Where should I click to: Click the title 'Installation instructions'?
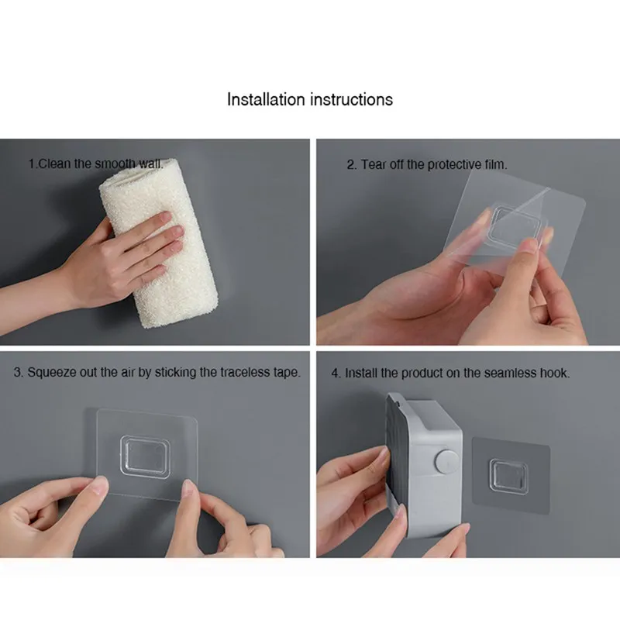click(309, 99)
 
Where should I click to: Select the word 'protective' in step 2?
click(454, 164)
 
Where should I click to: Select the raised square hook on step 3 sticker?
click(146, 455)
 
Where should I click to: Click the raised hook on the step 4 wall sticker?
click(508, 476)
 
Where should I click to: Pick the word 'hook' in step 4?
click(554, 373)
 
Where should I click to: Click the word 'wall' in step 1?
click(150, 164)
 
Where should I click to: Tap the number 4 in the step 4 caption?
click(335, 374)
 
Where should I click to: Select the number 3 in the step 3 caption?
click(17, 373)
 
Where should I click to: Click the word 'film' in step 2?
click(495, 164)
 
